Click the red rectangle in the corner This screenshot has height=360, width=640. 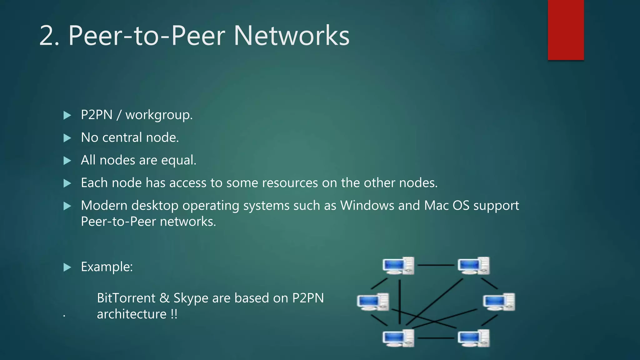pos(566,30)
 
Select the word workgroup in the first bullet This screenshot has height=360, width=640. pos(159,115)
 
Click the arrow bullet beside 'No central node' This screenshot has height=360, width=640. pos(67,138)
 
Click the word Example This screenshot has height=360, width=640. pos(107,267)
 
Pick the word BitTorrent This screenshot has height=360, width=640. pos(126,298)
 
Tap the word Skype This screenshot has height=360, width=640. pos(191,298)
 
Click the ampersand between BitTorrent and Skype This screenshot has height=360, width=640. pos(164,298)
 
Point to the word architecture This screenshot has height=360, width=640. pos(132,314)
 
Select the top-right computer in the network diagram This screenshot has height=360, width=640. pos(473,266)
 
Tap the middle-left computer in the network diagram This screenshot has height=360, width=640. pos(373,302)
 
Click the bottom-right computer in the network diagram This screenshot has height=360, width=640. pos(473,338)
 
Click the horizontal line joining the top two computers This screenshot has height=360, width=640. pos(436,265)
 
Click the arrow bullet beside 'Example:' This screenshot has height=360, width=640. pos(67,267)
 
